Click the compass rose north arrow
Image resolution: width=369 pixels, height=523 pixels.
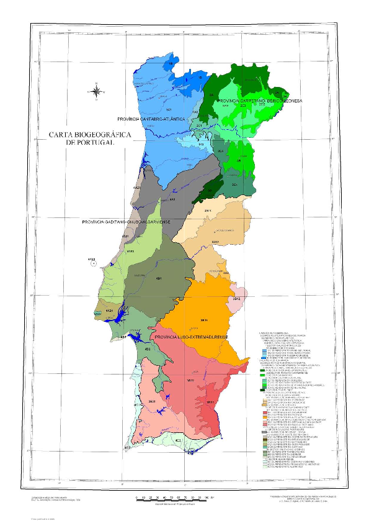tap(97, 91)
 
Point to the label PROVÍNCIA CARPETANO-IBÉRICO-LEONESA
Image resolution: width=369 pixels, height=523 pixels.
tap(259, 100)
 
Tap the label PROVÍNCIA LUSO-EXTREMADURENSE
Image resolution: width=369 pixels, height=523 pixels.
tap(192, 337)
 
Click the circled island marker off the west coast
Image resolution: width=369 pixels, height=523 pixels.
tap(93, 263)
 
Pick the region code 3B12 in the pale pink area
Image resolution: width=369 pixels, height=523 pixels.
tap(236, 299)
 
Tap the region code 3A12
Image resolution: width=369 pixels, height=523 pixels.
tap(215, 241)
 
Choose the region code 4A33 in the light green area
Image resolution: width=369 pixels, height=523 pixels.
tap(130, 251)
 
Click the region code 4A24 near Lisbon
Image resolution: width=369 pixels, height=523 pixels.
tap(109, 310)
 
